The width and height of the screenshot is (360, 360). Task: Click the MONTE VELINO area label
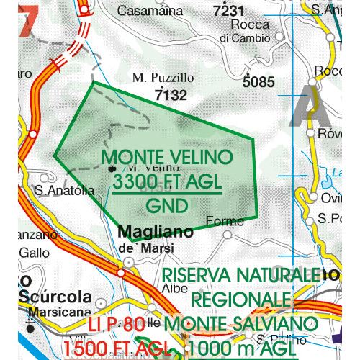point(168,158)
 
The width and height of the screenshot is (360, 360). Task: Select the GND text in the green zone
point(166,205)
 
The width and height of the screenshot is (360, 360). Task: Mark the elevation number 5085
point(258,81)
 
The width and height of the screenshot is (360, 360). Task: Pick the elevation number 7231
point(230,11)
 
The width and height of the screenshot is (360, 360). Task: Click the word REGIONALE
point(241,299)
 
